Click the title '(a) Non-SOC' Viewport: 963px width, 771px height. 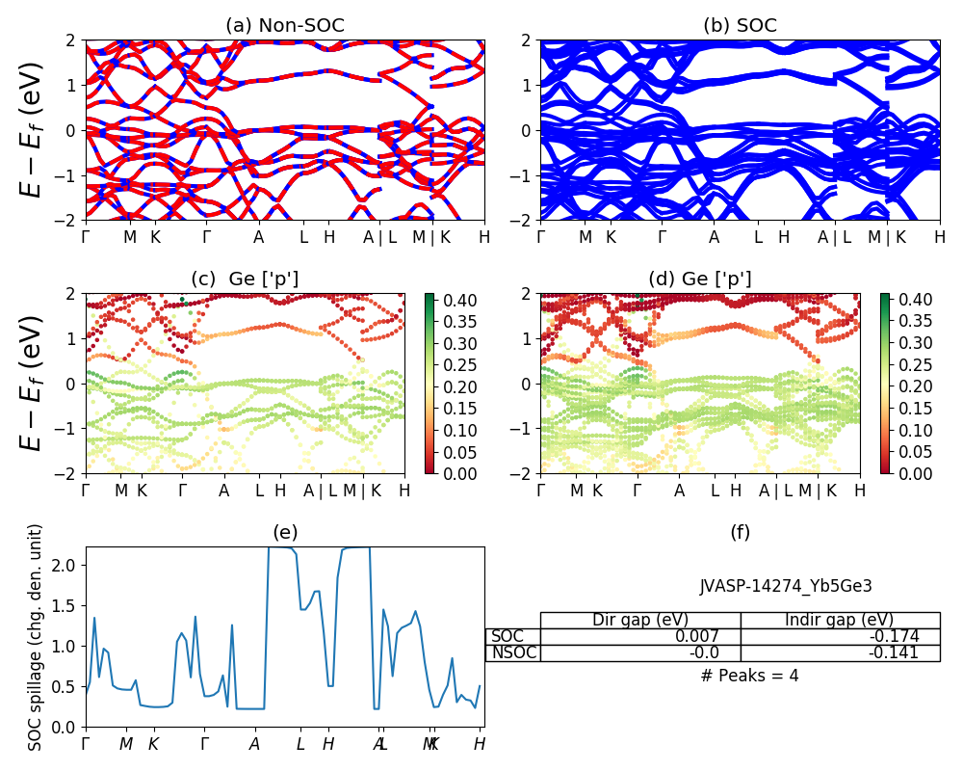(x=285, y=26)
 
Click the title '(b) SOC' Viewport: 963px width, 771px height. (x=740, y=26)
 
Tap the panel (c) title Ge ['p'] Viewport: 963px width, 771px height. (x=245, y=279)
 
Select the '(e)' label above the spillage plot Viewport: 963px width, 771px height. (x=285, y=532)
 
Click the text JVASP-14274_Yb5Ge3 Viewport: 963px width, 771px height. (x=786, y=586)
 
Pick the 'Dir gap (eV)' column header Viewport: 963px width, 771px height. (x=640, y=620)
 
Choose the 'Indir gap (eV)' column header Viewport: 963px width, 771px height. (x=840, y=620)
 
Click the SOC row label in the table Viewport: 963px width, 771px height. (x=508, y=636)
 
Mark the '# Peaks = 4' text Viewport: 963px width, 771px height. (x=749, y=676)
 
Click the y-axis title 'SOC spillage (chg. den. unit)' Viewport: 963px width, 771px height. (x=36, y=637)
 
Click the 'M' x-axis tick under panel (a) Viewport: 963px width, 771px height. (x=131, y=237)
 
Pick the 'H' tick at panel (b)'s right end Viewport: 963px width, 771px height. (x=939, y=237)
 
